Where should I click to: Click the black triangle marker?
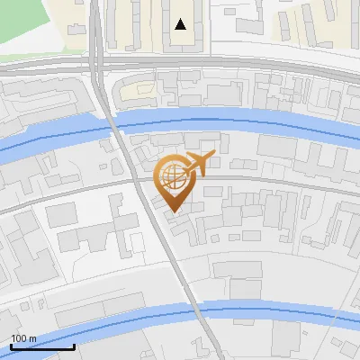pos(181,24)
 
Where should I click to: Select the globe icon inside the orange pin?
pos(172,175)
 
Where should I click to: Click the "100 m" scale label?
pos(23,337)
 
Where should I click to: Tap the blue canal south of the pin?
pos(270,314)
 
